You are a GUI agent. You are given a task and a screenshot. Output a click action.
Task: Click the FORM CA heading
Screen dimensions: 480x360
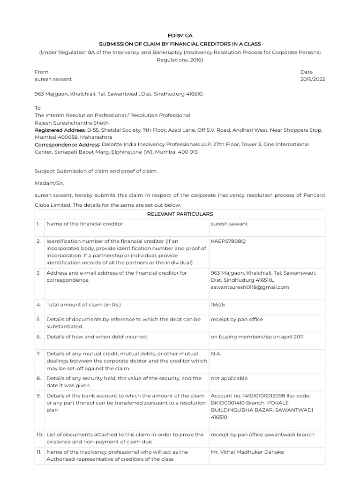[180, 35]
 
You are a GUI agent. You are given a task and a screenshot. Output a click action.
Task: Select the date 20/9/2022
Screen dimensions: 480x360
[313, 79]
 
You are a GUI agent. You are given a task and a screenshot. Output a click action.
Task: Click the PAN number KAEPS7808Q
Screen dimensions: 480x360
[228, 241]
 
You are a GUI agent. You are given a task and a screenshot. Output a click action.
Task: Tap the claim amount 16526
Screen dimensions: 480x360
[218, 305]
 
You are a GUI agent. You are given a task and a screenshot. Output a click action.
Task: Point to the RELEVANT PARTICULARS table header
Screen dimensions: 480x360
[180, 214]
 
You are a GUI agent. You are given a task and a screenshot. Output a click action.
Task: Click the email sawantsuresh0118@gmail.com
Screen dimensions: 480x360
[250, 287]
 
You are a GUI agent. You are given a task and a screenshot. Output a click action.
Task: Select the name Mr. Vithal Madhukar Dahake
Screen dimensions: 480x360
[247, 452]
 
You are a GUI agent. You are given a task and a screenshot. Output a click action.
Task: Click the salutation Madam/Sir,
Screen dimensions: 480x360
[49, 183]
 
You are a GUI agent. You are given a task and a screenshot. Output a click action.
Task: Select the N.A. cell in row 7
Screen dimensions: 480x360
[217, 353]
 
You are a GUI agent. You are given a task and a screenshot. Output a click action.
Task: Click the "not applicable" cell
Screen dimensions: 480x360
[229, 378]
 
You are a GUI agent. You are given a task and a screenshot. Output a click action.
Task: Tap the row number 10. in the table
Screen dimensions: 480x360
[39, 435]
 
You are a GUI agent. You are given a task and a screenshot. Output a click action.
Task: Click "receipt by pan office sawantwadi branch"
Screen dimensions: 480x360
[263, 435]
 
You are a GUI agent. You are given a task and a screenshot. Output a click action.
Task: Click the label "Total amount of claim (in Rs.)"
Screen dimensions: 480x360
[84, 305]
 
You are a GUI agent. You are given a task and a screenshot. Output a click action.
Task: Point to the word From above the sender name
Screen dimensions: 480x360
[41, 72]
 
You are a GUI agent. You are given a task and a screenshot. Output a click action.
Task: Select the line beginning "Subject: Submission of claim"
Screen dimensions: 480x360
[96, 171]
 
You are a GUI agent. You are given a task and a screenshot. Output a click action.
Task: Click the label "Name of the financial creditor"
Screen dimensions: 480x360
[84, 224]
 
